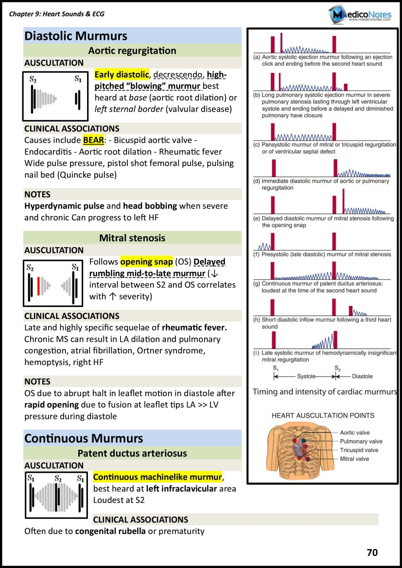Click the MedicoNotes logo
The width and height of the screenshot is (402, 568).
(x=360, y=15)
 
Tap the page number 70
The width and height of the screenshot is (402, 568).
(x=372, y=552)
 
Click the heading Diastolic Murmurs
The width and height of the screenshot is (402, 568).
(x=76, y=36)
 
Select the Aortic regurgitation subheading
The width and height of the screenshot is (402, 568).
(x=132, y=50)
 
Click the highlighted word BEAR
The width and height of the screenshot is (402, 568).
(x=93, y=140)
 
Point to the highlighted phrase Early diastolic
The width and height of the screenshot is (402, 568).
(x=122, y=74)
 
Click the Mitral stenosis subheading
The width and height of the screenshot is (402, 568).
(x=132, y=238)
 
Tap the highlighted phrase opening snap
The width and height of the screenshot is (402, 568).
(x=147, y=262)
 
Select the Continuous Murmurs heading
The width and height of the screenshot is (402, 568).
(x=84, y=438)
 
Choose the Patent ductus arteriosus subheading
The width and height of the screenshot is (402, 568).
(x=132, y=453)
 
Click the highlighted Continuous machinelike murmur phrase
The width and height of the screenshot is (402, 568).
(x=157, y=477)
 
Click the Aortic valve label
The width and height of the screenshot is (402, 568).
(x=355, y=433)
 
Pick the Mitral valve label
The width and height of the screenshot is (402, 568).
(x=354, y=459)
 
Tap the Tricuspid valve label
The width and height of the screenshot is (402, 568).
(x=359, y=450)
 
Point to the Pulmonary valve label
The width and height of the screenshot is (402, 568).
(x=361, y=441)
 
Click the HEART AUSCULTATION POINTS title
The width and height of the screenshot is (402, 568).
(x=323, y=416)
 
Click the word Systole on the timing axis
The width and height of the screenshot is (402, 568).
(x=306, y=376)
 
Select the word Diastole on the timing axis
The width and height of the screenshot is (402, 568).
(x=362, y=376)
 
